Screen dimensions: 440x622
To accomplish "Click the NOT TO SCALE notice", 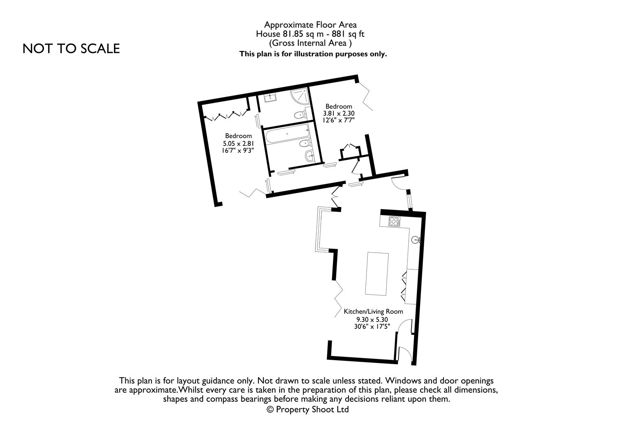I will tap(71, 48).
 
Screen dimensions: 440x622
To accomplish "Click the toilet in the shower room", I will tap(300, 114).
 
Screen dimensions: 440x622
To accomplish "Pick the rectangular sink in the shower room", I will tap(270, 98).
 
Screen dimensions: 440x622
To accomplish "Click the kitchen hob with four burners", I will tap(394, 221).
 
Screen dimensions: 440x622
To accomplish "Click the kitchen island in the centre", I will tap(377, 273).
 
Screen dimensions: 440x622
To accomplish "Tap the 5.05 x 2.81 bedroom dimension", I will tap(239, 143).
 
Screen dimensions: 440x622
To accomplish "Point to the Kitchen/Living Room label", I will tap(373, 312).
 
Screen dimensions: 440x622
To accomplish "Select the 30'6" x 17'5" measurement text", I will tap(372, 326).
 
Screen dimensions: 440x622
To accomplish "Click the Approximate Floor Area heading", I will tap(310, 25).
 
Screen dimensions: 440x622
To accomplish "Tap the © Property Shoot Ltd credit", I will tap(308, 409).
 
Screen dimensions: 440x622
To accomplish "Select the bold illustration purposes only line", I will tap(313, 54).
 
